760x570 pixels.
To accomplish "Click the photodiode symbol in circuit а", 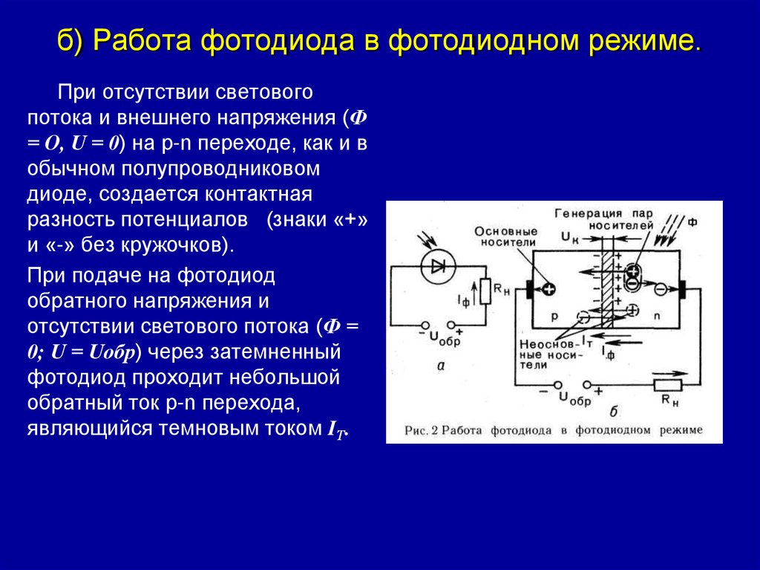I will pos(436,267).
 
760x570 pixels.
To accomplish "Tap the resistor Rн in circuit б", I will pos(667,384).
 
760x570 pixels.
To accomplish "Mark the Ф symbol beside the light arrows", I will pos(692,221).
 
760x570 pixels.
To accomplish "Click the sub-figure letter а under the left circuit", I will pos(439,365).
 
